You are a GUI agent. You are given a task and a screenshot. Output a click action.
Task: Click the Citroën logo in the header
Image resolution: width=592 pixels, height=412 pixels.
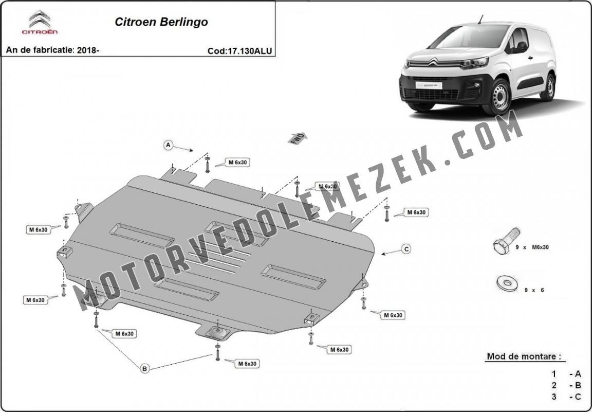coord(40,23)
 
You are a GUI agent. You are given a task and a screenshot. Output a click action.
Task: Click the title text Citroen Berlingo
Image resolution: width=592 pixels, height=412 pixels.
coord(161,22)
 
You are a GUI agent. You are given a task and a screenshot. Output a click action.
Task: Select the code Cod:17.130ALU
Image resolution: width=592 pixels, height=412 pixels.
coord(240,51)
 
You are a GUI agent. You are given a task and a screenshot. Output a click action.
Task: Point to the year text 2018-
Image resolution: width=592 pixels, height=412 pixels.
coord(88,50)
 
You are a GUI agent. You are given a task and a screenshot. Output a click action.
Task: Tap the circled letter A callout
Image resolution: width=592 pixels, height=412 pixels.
coord(169,145)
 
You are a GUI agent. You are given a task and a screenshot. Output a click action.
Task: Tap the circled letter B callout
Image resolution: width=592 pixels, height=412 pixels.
coord(144,368)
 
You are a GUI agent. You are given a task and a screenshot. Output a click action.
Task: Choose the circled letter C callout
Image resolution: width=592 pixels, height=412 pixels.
coord(406,249)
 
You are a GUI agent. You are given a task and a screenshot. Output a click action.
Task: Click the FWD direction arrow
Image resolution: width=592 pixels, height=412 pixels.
coord(298,138)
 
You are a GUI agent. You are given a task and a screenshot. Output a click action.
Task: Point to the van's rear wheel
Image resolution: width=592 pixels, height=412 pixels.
coord(549,87)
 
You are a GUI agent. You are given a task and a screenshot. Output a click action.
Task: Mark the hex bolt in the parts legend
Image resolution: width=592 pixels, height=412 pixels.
coord(506,241)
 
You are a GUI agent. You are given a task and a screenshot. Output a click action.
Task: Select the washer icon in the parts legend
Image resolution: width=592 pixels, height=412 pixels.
coord(507,283)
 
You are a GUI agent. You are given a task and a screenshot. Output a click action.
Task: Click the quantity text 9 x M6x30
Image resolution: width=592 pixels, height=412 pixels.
coord(532,247)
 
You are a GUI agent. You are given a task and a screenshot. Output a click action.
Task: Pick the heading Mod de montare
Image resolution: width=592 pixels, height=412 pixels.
coord(524,356)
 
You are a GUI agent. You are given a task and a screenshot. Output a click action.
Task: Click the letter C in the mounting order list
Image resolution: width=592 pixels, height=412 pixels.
coord(578,397)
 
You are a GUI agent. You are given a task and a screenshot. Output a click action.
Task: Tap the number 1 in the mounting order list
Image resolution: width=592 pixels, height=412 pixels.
coord(554,374)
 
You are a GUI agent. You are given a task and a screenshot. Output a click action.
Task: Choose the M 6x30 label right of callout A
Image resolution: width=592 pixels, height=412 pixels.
coord(237,163)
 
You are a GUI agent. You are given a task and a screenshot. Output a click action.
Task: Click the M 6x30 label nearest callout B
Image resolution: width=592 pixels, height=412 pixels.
coord(124,334)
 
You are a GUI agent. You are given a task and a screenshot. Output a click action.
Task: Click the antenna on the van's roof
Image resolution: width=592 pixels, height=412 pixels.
coord(480,19)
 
